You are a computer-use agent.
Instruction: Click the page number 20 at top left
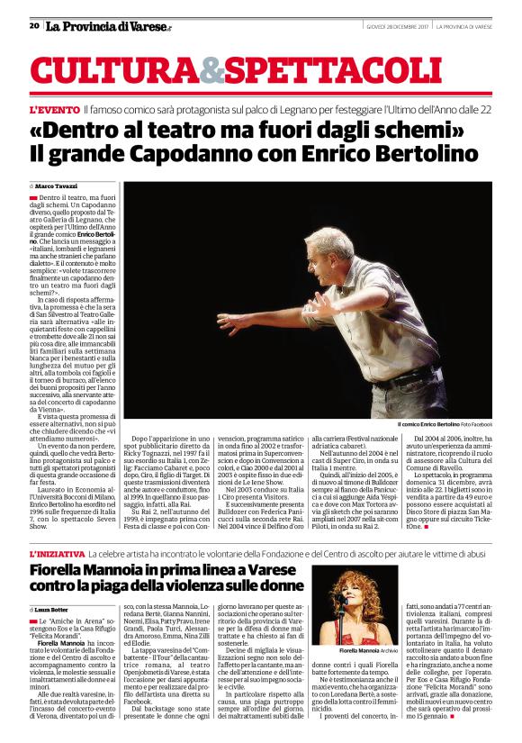[x=33, y=26]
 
